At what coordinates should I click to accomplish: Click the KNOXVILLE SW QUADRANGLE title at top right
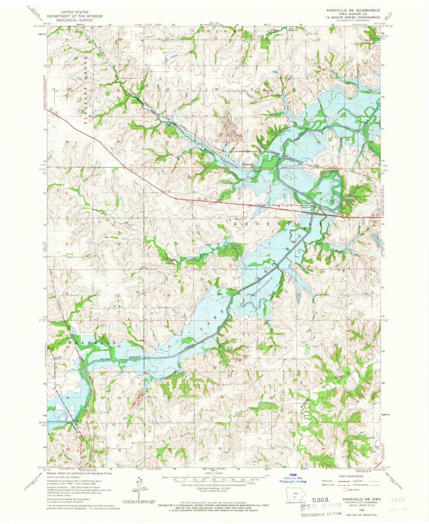pos(353,10)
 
